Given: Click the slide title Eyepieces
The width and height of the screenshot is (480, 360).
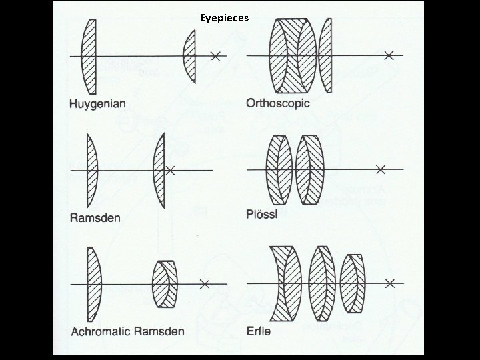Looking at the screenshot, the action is tap(224, 18).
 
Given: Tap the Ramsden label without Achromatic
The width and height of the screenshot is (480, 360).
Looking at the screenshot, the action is tap(95, 217).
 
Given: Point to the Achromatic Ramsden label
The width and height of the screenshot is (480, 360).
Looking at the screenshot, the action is tap(127, 331).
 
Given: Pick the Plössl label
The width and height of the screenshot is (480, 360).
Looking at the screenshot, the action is tap(261, 215).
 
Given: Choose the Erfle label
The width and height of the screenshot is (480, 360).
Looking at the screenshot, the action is tap(259, 330).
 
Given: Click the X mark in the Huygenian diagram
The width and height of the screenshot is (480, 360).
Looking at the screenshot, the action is tap(215, 57).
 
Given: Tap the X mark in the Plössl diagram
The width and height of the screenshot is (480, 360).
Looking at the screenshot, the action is tap(380, 169).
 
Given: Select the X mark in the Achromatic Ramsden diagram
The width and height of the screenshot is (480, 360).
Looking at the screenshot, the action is tap(205, 284).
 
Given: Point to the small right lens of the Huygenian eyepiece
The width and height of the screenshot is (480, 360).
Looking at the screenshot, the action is tap(189, 56).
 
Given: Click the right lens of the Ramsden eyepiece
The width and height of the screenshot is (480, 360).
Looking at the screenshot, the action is tap(159, 169).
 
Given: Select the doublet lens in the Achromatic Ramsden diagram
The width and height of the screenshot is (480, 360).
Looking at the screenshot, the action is tap(165, 284).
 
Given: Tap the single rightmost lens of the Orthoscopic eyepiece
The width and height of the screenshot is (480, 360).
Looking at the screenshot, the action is tap(325, 55).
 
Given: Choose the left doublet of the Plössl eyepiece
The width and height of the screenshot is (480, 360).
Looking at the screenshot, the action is tap(279, 169).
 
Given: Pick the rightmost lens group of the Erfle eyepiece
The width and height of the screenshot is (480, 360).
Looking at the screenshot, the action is tap(352, 283).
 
